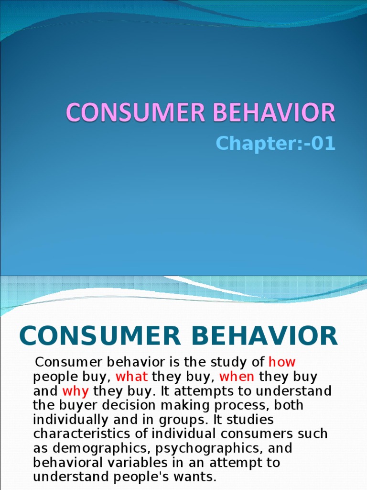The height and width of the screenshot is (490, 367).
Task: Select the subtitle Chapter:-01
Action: pyautogui.click(x=275, y=144)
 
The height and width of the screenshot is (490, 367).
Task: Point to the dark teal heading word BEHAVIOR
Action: pyautogui.click(x=262, y=336)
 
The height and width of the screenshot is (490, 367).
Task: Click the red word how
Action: pyautogui.click(x=282, y=362)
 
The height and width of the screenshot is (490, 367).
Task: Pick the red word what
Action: pyautogui.click(x=131, y=377)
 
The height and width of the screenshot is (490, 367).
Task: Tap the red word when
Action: pyautogui.click(x=237, y=377)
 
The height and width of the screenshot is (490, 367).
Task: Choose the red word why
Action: pyautogui.click(x=76, y=391)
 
